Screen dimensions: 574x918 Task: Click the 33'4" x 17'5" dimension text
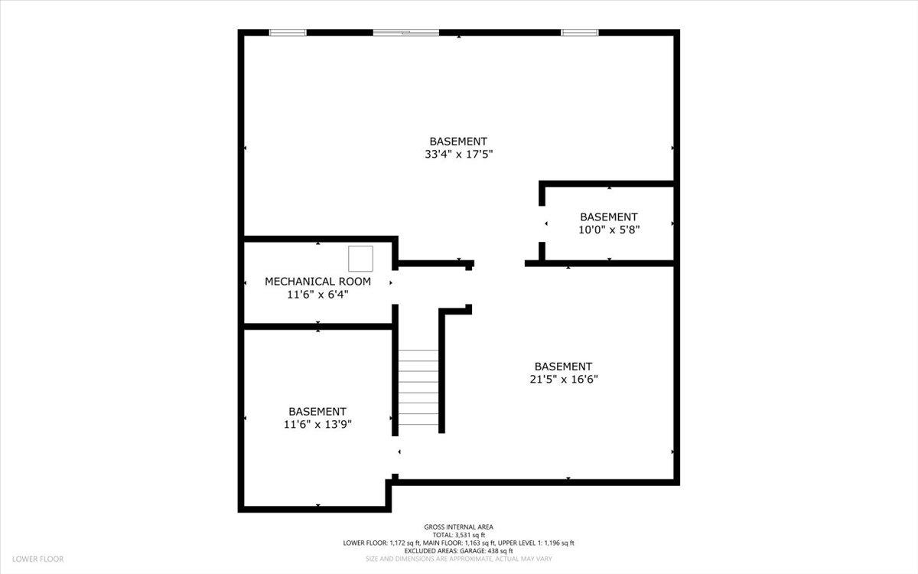(458, 154)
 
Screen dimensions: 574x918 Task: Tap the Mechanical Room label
(317, 282)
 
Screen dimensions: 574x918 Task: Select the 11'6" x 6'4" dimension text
(317, 294)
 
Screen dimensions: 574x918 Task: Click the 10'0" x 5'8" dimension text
(608, 229)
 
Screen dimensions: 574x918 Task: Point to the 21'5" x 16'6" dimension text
(563, 379)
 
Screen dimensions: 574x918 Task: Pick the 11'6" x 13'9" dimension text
(317, 424)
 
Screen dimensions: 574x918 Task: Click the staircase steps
(418, 387)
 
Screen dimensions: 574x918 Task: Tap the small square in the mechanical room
(360, 259)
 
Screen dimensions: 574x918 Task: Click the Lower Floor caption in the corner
(37, 559)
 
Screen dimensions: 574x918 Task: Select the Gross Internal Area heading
(459, 527)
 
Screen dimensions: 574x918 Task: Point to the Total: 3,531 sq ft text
(459, 535)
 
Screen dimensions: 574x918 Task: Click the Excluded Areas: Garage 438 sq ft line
(459, 551)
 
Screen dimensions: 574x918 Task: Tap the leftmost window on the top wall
(288, 33)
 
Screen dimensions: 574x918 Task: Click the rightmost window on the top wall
(579, 33)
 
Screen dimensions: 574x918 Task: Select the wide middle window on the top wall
(406, 33)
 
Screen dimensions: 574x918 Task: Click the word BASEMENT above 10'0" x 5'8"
(608, 217)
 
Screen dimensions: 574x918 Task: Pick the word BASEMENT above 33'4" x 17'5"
(458, 142)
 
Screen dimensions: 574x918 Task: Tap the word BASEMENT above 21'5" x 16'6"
(563, 367)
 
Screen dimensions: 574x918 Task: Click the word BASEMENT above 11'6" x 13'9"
(317, 412)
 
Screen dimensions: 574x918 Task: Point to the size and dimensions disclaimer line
(459, 559)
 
